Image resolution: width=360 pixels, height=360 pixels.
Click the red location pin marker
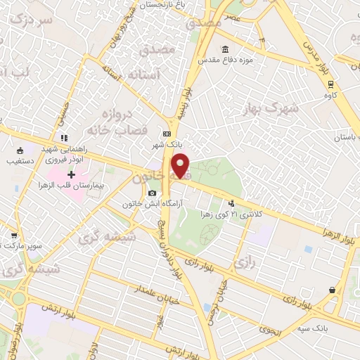181,166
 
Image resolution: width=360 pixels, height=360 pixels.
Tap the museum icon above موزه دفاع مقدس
224,49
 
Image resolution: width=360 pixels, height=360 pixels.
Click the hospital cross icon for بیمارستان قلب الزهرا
71,174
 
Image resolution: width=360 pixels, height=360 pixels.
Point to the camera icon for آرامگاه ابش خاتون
152,193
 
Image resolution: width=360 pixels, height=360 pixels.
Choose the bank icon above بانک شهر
167,134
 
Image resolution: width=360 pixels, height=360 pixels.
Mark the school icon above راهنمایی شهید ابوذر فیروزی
63,137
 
